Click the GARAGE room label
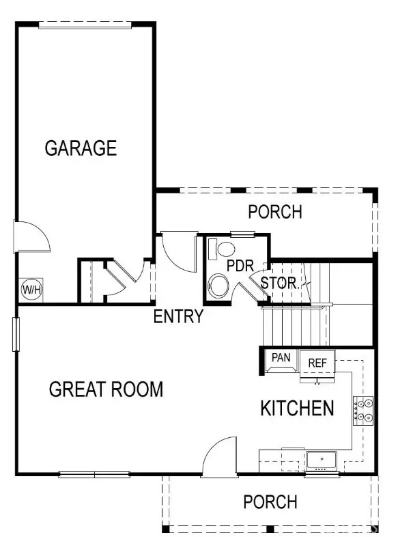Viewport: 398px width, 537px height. [x=81, y=148]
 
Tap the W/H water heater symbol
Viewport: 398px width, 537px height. [x=31, y=290]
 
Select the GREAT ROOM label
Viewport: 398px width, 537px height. [x=106, y=390]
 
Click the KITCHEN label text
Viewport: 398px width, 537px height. [x=297, y=409]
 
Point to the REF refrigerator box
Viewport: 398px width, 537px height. [x=318, y=363]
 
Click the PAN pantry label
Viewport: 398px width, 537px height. [x=281, y=357]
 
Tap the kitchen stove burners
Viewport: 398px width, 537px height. [x=363, y=410]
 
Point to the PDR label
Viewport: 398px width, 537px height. [x=240, y=265]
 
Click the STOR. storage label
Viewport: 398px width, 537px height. [x=280, y=282]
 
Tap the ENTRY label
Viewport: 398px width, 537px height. [x=178, y=317]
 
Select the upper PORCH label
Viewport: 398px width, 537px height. [x=274, y=212]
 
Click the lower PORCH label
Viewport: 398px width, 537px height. [x=270, y=502]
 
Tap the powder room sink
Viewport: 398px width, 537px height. [x=222, y=247]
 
